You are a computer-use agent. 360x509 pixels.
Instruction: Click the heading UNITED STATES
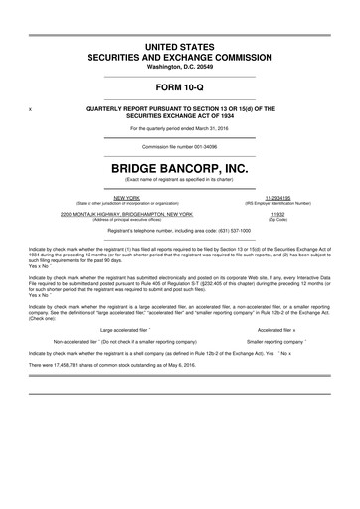[x=180, y=48]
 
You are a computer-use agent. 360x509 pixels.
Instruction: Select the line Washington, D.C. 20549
[x=180, y=67]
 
